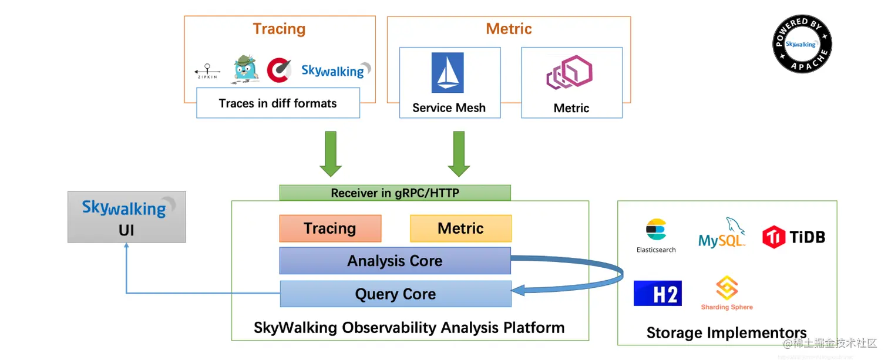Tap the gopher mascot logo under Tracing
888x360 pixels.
pos(245,68)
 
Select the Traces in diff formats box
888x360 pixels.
pos(278,103)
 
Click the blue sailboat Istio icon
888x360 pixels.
pos(448,73)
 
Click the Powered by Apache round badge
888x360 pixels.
pos(802,45)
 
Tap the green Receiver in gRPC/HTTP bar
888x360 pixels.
pos(395,193)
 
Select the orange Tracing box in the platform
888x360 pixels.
pos(330,228)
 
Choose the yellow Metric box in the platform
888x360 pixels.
pos(460,228)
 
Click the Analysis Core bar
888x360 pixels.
pos(395,261)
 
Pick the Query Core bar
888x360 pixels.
pos(395,294)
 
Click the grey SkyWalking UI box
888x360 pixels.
pos(126,217)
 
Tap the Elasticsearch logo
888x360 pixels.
pos(656,235)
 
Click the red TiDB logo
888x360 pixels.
pos(793,237)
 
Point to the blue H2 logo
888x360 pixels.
pos(657,293)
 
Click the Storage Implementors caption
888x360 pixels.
pos(726,333)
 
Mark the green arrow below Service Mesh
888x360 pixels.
pos(459,154)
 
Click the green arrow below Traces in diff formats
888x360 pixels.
pos(331,154)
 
